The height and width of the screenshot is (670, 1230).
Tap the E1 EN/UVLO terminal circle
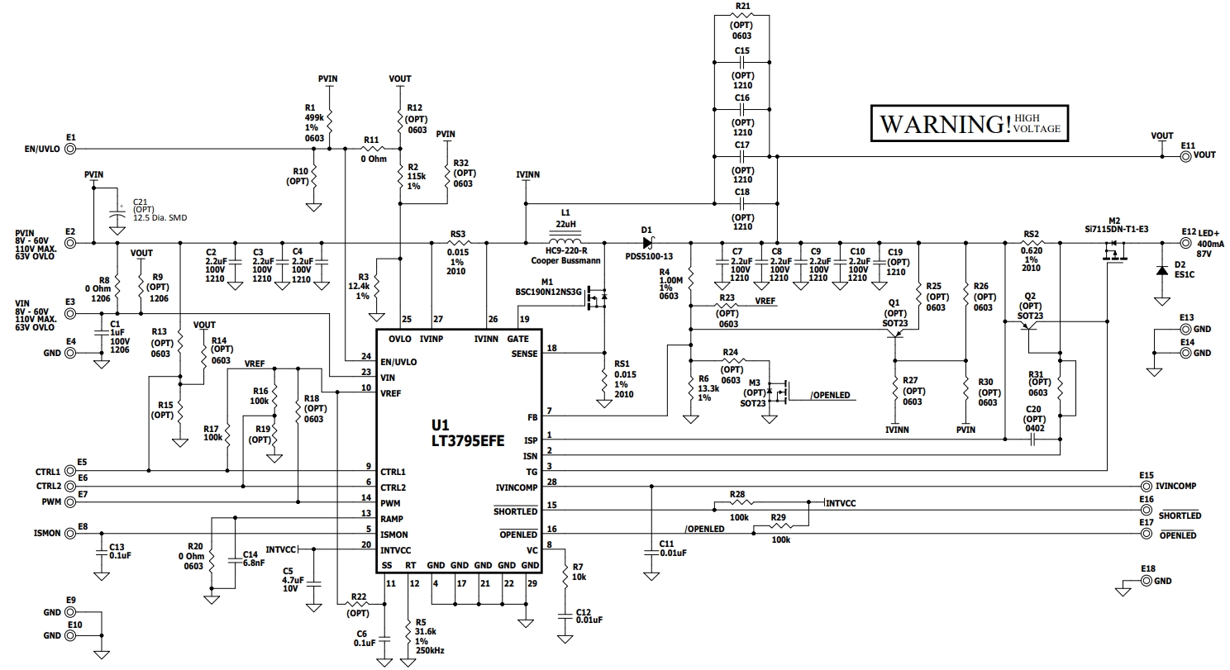click(x=71, y=149)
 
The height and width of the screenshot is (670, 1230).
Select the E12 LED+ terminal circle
click(x=1186, y=243)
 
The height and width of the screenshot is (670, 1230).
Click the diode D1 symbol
click(x=648, y=243)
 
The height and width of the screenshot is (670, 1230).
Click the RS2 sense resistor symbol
click(x=1031, y=243)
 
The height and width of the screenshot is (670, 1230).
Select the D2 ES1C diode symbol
click(x=1161, y=271)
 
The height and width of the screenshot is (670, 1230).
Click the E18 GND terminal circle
click(x=1146, y=582)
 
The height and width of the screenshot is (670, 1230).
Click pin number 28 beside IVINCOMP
click(x=551, y=482)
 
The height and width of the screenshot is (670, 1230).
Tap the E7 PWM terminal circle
click(x=71, y=502)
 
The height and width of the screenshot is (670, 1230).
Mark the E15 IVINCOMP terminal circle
click(x=1146, y=487)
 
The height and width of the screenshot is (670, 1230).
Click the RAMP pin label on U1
click(x=393, y=519)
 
